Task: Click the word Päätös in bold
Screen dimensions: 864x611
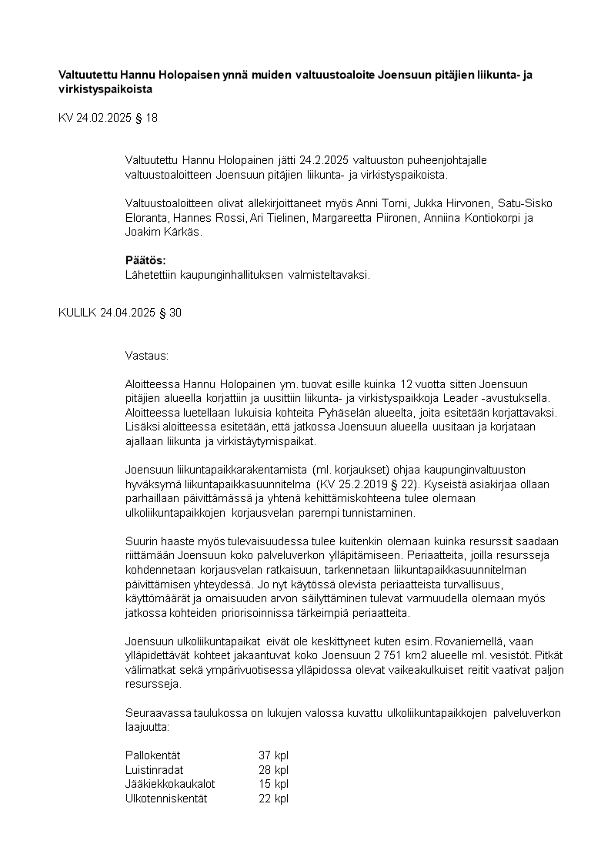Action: pos(145,260)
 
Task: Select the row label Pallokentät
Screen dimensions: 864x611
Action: pos(152,755)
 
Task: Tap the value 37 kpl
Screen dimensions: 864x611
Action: pos(273,755)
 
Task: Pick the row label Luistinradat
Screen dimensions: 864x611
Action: pos(154,770)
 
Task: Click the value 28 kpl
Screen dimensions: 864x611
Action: pos(273,770)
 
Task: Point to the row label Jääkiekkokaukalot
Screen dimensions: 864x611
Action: pos(170,784)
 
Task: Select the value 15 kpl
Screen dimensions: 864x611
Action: pos(273,784)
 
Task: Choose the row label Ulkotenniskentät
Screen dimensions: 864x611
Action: pos(166,799)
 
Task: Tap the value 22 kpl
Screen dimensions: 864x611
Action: pos(273,799)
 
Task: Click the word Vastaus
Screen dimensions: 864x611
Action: pos(146,356)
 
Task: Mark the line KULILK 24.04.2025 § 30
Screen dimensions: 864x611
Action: pos(120,313)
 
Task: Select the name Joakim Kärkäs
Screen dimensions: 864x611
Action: pos(162,232)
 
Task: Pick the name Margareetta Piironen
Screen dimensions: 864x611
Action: pos(366,218)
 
